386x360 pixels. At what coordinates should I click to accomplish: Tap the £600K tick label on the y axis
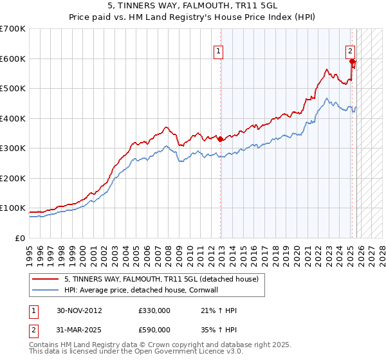coord(13,59)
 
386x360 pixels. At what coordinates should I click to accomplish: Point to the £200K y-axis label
coord(13,178)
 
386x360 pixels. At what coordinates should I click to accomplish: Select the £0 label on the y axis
coord(19,238)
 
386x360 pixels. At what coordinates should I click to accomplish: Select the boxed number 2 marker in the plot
coord(350,51)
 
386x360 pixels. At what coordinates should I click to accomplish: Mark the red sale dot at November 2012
coord(221,139)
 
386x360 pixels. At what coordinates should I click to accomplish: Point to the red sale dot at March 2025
coord(353,62)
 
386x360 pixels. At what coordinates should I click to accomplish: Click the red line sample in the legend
coord(46,279)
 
